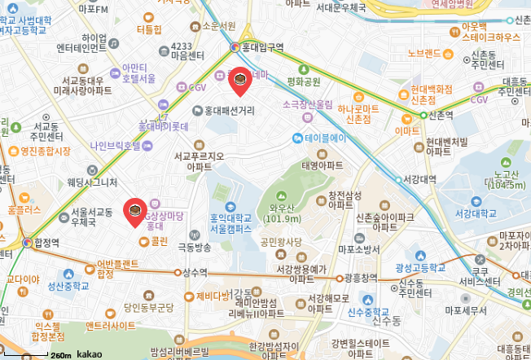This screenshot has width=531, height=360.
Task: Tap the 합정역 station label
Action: [47, 242]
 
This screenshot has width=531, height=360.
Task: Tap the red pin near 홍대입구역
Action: [239, 80]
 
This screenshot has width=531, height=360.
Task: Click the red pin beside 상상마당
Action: [134, 211]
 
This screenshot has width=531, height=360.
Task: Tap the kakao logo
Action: [90, 354]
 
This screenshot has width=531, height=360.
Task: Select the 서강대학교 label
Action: [476, 214]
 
